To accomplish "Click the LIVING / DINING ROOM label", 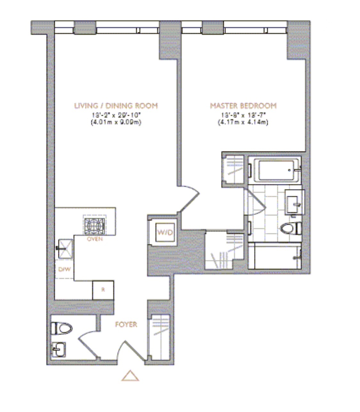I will pos(116,106).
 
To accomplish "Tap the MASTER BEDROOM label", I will pos(243,106).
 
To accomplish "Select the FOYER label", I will pos(126,324).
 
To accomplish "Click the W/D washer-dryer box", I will pos(165,232).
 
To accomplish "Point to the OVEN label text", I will pos(95,239).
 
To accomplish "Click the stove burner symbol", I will pos(94,226).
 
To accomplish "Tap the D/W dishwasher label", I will pos(64,269).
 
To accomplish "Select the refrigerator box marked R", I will pos(103,290).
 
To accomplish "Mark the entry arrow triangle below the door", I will pos(130,376).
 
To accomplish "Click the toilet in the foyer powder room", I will pos(62,328).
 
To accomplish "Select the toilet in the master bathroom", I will pos(291,228).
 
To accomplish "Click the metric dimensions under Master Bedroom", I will pos(243,122).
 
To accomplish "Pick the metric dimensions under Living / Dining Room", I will pos(116,122).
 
